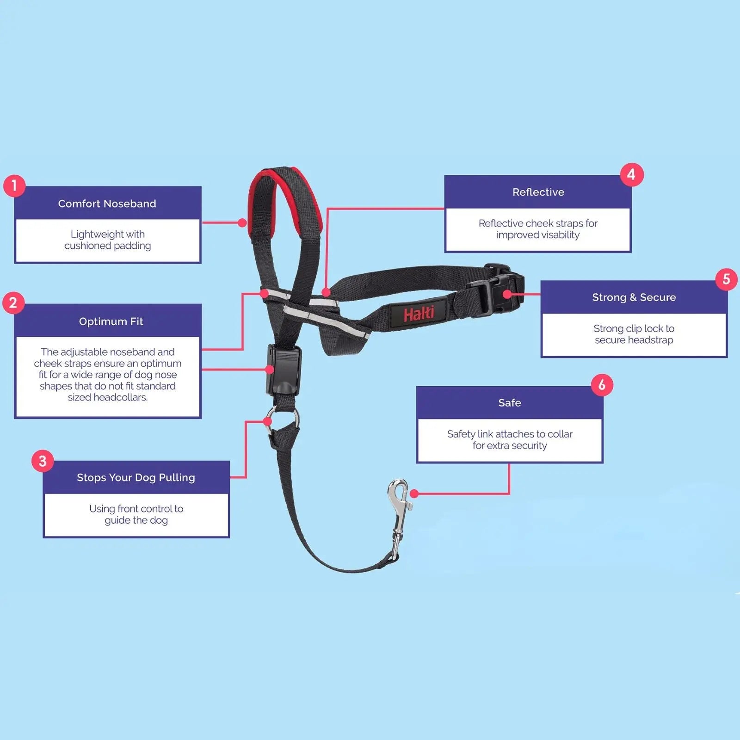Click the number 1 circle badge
(x=14, y=185)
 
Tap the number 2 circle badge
(x=13, y=303)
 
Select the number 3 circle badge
(x=43, y=461)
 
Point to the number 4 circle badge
(x=631, y=175)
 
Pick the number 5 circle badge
(x=726, y=279)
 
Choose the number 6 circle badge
(x=602, y=385)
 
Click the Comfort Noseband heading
(x=107, y=203)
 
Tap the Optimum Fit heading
(x=111, y=321)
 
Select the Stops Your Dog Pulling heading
(x=136, y=477)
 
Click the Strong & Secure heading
(x=634, y=297)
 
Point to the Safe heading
(x=510, y=403)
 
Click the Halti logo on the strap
(x=419, y=314)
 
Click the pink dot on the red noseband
(x=242, y=223)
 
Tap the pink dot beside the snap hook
(x=414, y=493)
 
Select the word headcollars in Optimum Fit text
(x=121, y=397)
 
